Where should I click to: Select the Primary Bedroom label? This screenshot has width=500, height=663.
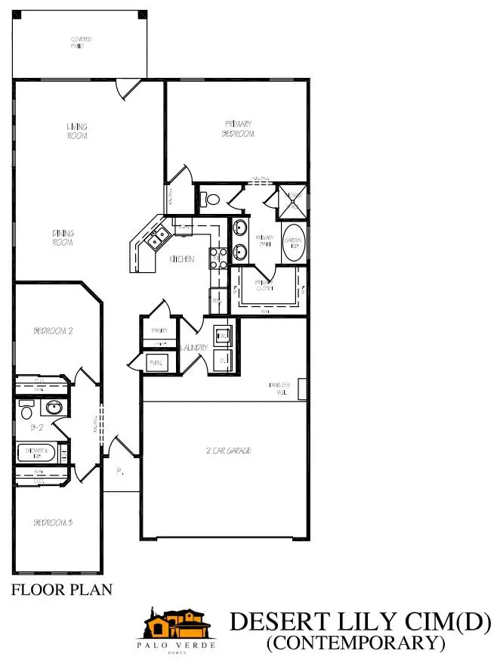click(239, 129)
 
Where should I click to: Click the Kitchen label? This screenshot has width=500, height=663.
click(182, 259)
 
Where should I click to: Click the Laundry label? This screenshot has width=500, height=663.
click(196, 347)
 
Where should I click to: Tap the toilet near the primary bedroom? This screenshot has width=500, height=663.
click(212, 200)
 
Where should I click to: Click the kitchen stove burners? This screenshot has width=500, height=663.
click(219, 258)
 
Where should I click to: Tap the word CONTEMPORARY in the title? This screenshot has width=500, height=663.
click(354, 643)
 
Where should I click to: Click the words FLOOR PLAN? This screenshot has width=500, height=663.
click(62, 590)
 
